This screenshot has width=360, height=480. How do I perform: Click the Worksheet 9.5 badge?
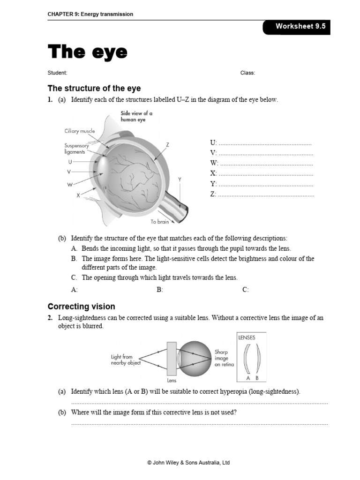click(x=300, y=27)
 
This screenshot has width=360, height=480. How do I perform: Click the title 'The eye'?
click(x=87, y=52)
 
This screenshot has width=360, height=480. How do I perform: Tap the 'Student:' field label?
click(x=58, y=73)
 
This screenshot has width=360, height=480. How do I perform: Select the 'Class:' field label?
click(x=247, y=73)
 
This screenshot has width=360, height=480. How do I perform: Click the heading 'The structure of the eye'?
click(x=94, y=88)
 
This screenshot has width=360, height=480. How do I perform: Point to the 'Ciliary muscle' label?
click(x=79, y=131)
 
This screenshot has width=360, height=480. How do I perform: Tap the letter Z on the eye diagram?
click(x=167, y=145)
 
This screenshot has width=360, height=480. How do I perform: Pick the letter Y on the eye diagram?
click(x=180, y=180)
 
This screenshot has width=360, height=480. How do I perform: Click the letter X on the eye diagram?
click(x=79, y=195)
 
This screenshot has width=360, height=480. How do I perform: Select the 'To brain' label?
click(x=159, y=222)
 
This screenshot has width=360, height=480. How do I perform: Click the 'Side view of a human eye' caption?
click(x=136, y=116)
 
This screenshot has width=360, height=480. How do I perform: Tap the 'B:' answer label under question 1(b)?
click(x=159, y=290)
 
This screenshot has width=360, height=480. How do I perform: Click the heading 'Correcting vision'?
click(x=82, y=307)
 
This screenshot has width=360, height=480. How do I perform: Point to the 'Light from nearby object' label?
click(x=126, y=360)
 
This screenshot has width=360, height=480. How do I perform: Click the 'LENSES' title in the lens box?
click(x=247, y=337)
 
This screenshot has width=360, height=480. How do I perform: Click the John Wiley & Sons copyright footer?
click(x=188, y=463)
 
